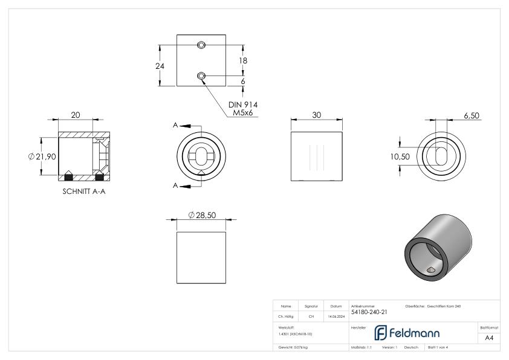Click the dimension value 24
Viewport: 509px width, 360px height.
coord(160,66)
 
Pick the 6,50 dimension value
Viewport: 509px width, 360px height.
coord(473,115)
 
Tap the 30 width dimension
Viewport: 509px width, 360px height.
coord(317,115)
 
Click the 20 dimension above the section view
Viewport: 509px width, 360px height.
coord(76,115)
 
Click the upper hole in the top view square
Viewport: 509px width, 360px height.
coord(201,46)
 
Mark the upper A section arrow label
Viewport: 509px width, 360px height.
coord(175,125)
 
